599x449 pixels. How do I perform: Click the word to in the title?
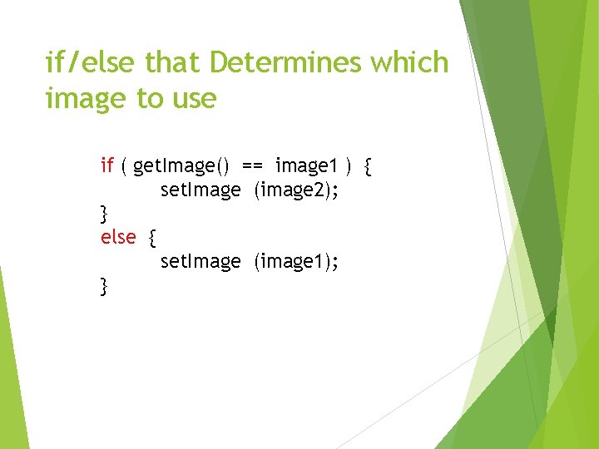coord(150,100)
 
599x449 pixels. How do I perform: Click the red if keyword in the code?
coord(106,165)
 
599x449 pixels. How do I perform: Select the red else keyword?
coord(118,237)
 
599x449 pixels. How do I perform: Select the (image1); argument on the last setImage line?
coord(296,262)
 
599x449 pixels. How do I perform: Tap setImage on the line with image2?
coord(200,190)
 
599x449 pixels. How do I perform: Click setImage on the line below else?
coord(200,262)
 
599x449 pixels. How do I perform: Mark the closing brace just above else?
coord(104,215)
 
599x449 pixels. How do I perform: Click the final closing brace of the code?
coord(104,287)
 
